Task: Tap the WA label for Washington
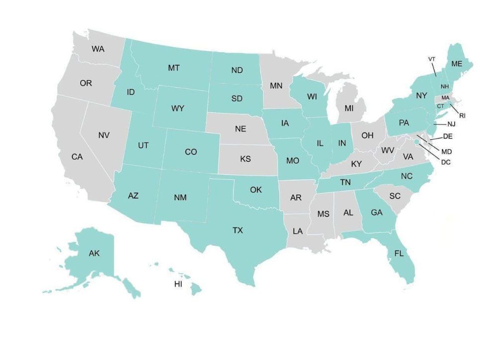point(98,49)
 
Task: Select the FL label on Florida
point(399,253)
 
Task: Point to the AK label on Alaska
point(94,253)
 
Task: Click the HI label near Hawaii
point(178,284)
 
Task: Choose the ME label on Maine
point(456,64)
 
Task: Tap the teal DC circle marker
point(416,142)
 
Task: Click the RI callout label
point(462,115)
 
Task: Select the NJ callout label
point(451,124)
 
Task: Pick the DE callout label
point(447,136)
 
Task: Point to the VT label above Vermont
point(432,59)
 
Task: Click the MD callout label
point(447,151)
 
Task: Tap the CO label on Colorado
point(191,152)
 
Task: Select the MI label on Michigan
point(349,108)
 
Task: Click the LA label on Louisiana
point(298,231)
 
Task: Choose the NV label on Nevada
point(104,135)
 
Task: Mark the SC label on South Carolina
point(395,196)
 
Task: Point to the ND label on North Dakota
point(237,70)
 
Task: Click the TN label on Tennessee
point(345,183)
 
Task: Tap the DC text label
point(446,161)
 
